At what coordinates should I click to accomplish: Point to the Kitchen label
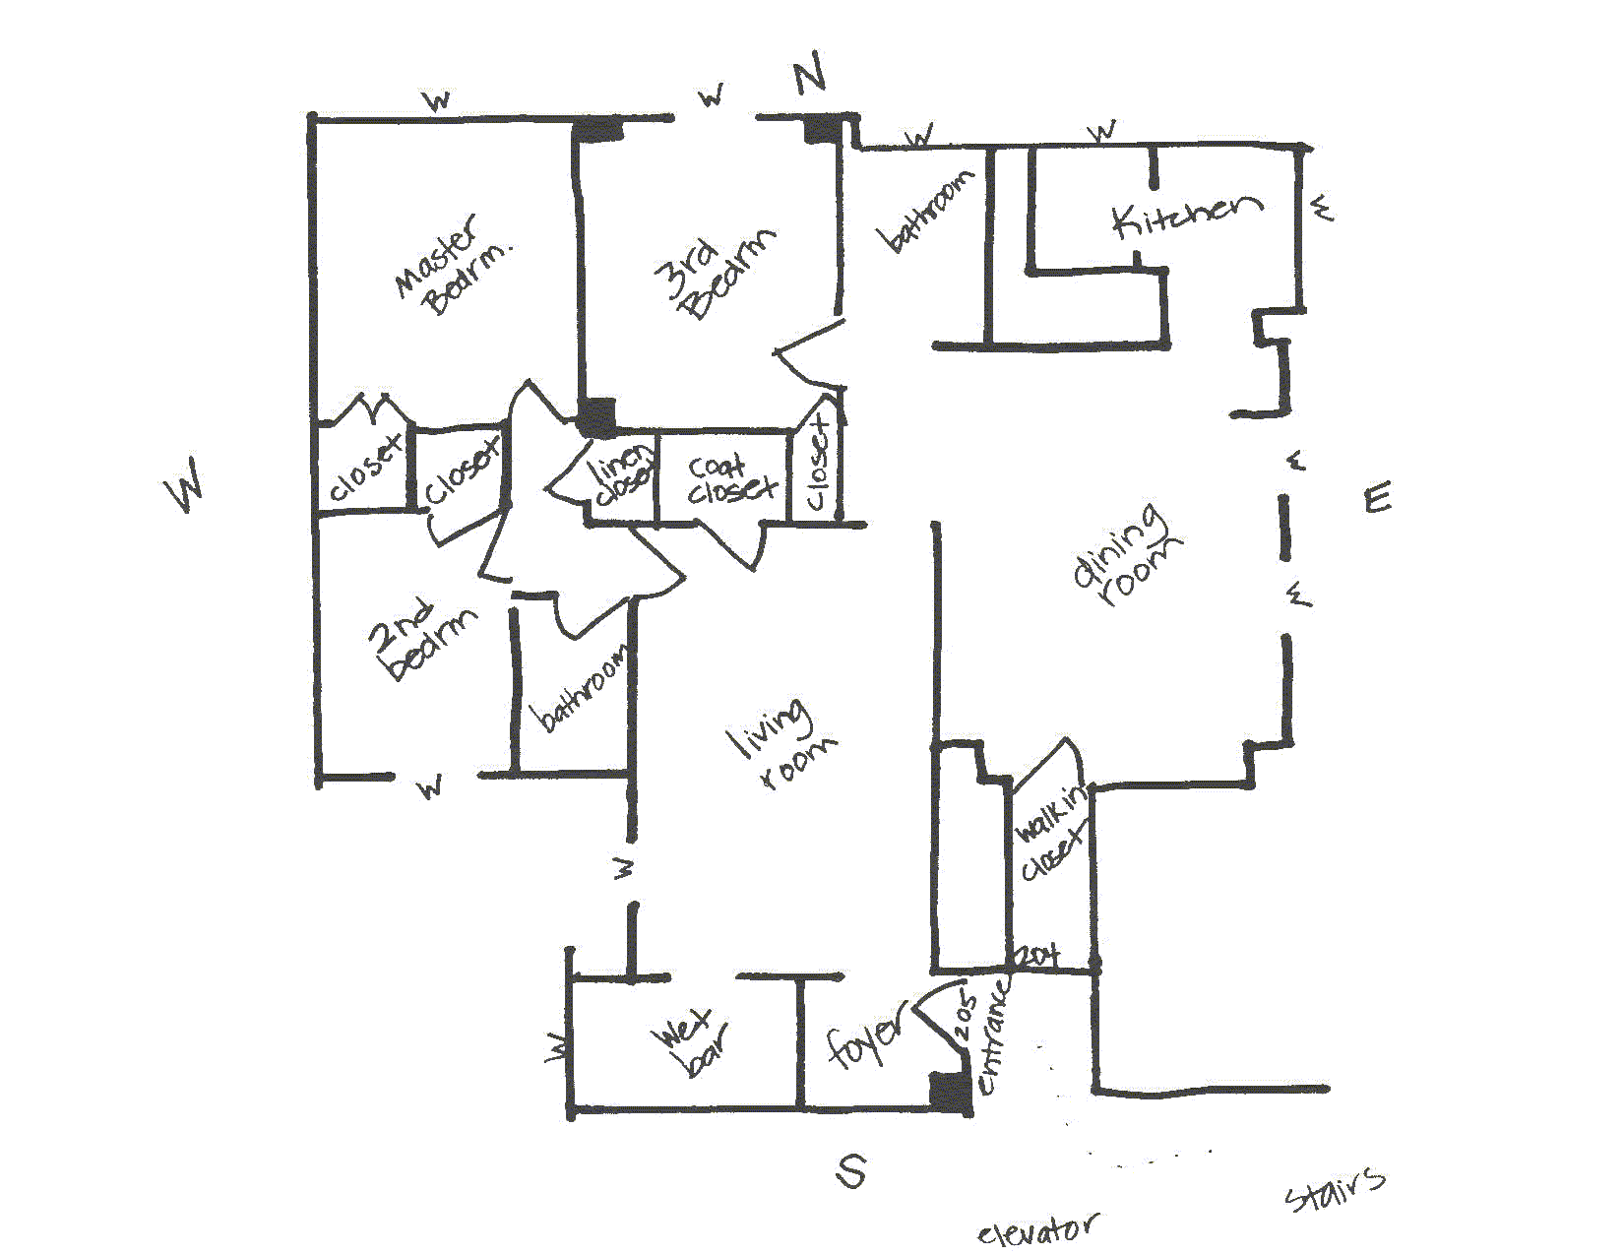[1186, 215]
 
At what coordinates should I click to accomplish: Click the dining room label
[1126, 556]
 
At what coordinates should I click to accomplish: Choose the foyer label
[864, 1039]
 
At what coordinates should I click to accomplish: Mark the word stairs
[1335, 1188]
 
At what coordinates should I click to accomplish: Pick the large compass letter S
[851, 1170]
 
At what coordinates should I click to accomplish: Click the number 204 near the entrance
[1037, 955]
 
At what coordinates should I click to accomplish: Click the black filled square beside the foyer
[950, 1094]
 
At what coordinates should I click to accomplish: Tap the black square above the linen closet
[596, 416]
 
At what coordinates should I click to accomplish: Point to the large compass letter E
[1378, 498]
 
